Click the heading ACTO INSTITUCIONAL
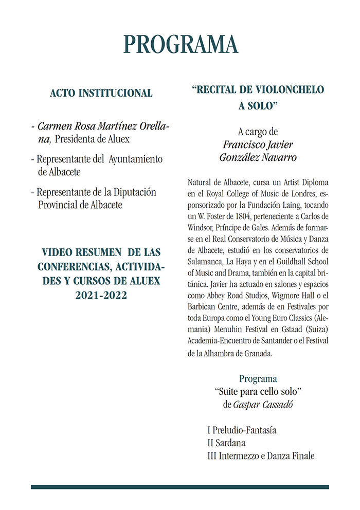coord(101,94)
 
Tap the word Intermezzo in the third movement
coord(243,456)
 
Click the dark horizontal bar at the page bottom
coord(180,487)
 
